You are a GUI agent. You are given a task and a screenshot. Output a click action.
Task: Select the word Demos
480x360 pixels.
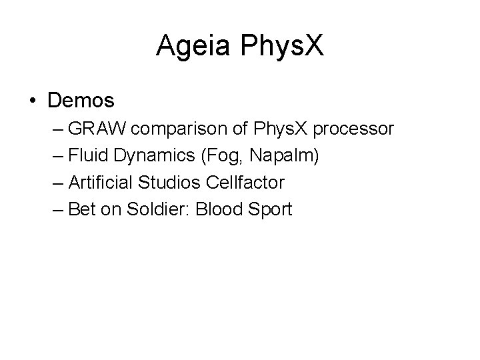(81, 101)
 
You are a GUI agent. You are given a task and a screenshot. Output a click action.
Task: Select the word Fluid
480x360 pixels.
(85, 156)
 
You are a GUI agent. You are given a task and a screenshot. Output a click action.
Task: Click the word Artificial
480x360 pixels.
(99, 183)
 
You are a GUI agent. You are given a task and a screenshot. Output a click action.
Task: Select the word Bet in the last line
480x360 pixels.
(81, 209)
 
